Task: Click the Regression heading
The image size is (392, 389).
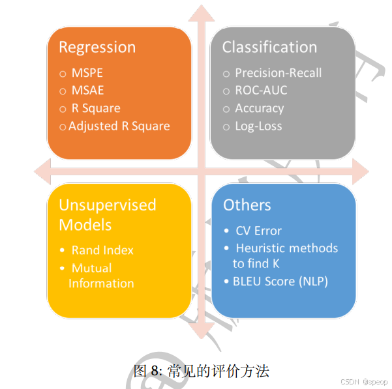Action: coord(97,48)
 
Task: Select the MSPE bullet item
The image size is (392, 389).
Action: coord(87,73)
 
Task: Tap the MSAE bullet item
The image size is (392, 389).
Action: coord(87,91)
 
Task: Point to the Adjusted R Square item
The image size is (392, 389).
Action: coord(119,126)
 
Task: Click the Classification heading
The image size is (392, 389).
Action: coord(269,48)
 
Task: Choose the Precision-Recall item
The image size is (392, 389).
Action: coord(278,73)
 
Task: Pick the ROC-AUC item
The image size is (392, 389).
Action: coord(261,91)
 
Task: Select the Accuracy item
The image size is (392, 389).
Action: coord(259,108)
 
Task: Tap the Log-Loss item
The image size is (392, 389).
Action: coord(258,126)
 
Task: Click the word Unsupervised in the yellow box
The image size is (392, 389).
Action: coord(108,205)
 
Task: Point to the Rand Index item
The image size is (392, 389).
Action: coord(102,250)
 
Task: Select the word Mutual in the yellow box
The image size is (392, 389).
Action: coord(91,268)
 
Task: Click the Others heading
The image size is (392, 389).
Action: coord(247,205)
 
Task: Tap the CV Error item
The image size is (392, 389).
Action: coord(258,231)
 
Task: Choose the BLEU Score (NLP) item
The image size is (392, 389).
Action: coord(280,281)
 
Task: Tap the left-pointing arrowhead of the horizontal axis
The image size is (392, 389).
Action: coord(41,172)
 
